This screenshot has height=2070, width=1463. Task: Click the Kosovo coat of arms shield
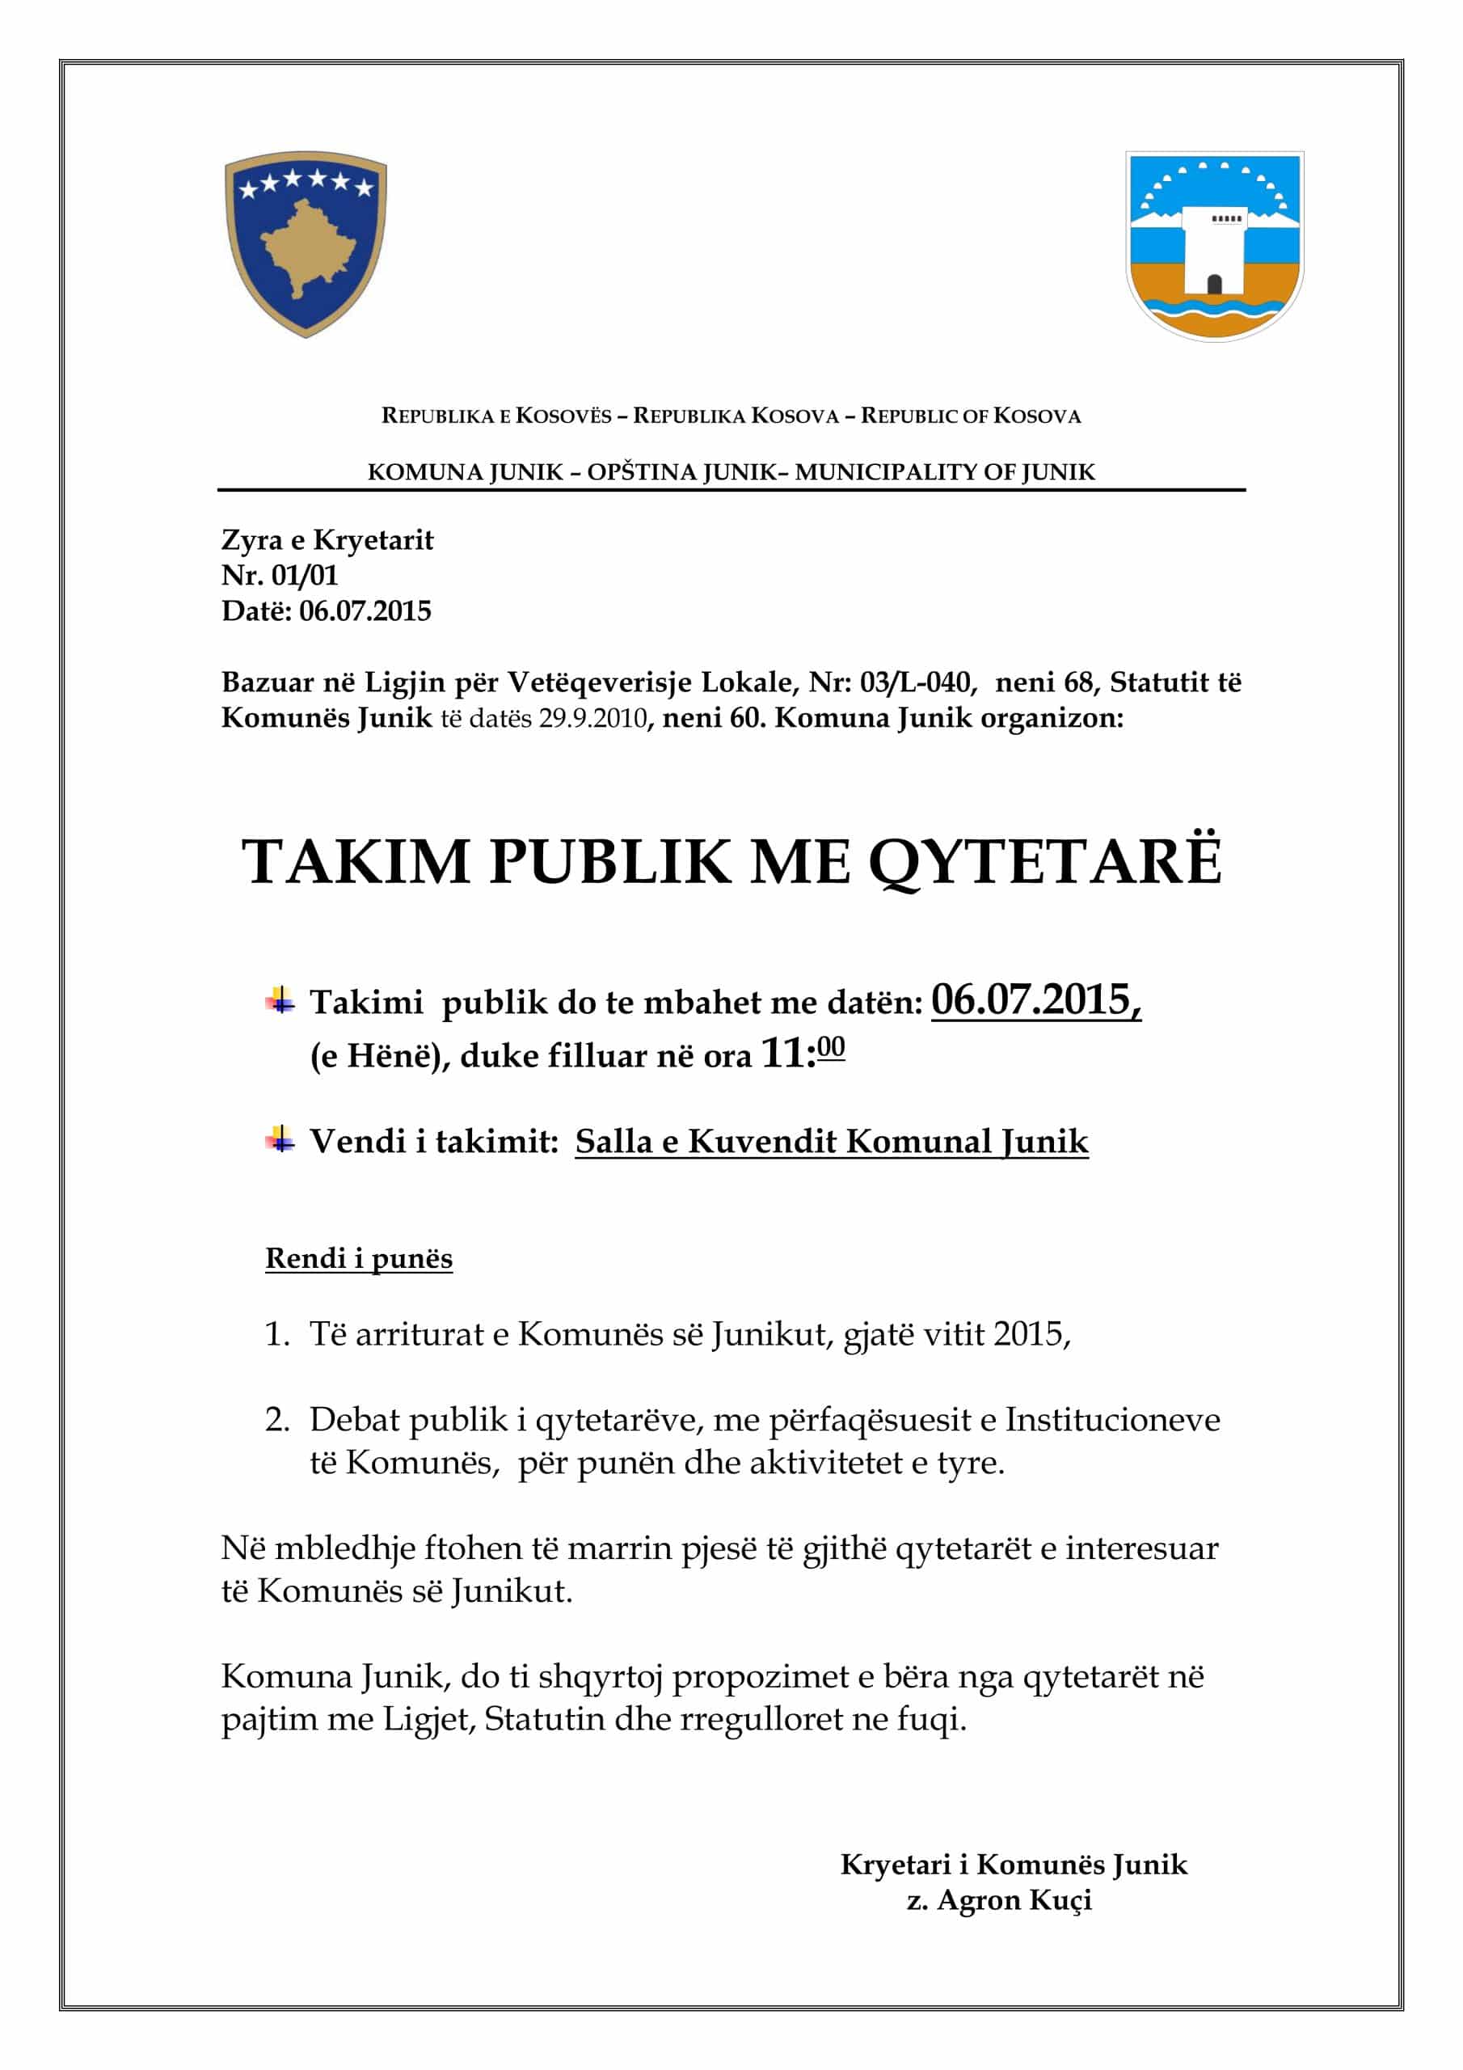point(306,244)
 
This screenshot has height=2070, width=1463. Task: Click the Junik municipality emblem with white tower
point(1214,245)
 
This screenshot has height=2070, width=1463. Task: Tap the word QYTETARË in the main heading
point(1045,861)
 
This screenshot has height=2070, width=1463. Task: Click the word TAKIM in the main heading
point(356,861)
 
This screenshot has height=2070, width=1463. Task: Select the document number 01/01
point(304,575)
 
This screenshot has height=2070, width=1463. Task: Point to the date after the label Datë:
point(365,611)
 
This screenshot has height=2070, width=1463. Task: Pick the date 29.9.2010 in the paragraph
point(592,719)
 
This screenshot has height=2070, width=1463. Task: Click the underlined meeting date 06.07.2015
point(1035,1000)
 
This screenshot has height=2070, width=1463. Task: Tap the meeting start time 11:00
point(803,1052)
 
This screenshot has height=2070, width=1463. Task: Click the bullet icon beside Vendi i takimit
point(280,1139)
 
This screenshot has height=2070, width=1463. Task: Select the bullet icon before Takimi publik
point(280,1000)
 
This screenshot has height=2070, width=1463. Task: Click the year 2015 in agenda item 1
point(1030,1334)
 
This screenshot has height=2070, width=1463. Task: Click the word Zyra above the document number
point(251,540)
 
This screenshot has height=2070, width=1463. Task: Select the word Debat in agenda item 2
point(354,1419)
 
